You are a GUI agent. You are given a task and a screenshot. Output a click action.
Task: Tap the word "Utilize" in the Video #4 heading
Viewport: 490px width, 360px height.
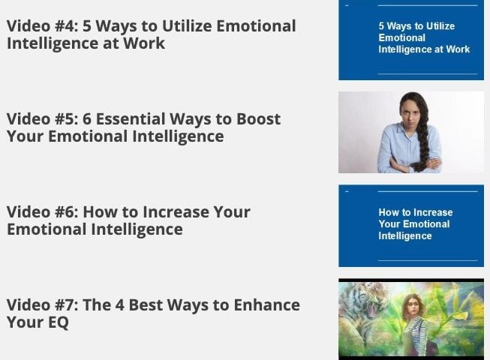pos(187,26)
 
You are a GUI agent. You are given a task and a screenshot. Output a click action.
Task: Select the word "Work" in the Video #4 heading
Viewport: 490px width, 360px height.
pos(144,43)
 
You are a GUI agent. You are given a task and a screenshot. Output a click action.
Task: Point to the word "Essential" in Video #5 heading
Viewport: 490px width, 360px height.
pos(131,119)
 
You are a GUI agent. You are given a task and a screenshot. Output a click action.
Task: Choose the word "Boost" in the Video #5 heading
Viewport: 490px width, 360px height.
pos(258,119)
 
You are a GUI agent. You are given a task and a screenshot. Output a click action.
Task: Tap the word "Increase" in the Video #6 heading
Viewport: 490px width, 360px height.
pos(178,212)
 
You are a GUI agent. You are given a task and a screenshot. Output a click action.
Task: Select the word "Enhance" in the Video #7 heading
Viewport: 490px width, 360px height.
pos(267,305)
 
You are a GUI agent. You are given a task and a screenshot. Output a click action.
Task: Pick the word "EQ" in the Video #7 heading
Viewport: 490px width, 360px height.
pos(58,322)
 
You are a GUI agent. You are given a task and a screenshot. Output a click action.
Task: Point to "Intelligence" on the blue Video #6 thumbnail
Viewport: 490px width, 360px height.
pos(405,236)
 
